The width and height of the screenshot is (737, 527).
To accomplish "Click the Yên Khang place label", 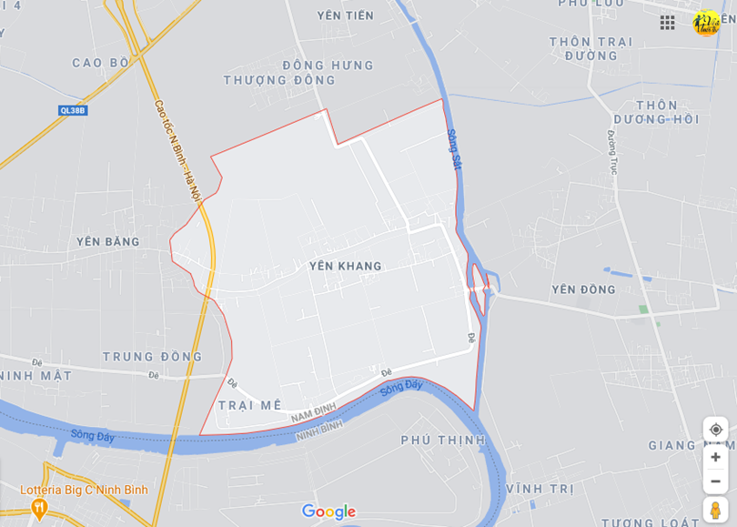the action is tap(345, 266).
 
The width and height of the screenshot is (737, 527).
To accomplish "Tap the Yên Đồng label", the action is tap(583, 289).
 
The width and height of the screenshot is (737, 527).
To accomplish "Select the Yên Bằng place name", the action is tap(108, 241).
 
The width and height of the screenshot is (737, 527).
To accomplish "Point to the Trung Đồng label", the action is tap(152, 356).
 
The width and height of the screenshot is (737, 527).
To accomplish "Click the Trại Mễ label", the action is tap(249, 405).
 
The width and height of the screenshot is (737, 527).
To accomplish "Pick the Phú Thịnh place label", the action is tap(443, 440).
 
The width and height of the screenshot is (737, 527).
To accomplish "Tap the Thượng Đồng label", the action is tap(279, 80).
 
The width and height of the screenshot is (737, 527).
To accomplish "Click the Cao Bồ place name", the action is tap(101, 63).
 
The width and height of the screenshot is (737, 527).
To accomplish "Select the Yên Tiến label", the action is tap(345, 15).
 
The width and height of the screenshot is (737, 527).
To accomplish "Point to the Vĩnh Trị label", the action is tap(540, 489).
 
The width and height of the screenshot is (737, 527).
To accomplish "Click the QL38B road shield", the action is tap(72, 110).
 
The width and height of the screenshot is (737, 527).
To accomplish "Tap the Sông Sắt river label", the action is tap(454, 148).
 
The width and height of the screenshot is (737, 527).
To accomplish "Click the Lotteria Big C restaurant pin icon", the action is tap(38, 505).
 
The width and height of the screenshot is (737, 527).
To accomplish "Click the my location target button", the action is tap(715, 430).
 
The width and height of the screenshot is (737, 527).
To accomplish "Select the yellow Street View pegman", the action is tap(715, 510).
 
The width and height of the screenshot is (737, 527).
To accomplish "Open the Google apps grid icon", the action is tap(667, 23).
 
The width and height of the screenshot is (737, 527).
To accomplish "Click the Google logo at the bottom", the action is tap(328, 512).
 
